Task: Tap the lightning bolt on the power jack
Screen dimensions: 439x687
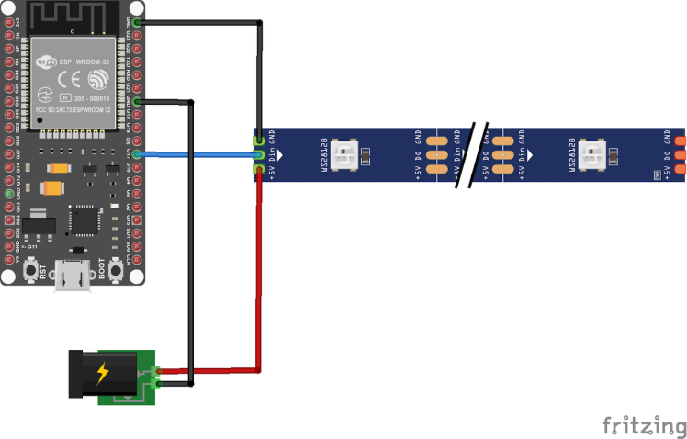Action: tap(102, 374)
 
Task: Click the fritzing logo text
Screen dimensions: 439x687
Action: tap(644, 426)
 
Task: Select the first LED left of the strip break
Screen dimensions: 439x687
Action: tap(349, 154)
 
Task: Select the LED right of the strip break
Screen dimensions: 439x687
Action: tap(594, 154)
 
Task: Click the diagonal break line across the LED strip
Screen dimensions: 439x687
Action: tap(475, 154)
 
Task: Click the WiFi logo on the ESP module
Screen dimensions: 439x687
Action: tap(46, 62)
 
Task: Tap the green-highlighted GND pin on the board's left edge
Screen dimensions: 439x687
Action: tap(9, 195)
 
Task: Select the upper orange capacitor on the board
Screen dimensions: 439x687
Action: tap(59, 168)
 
